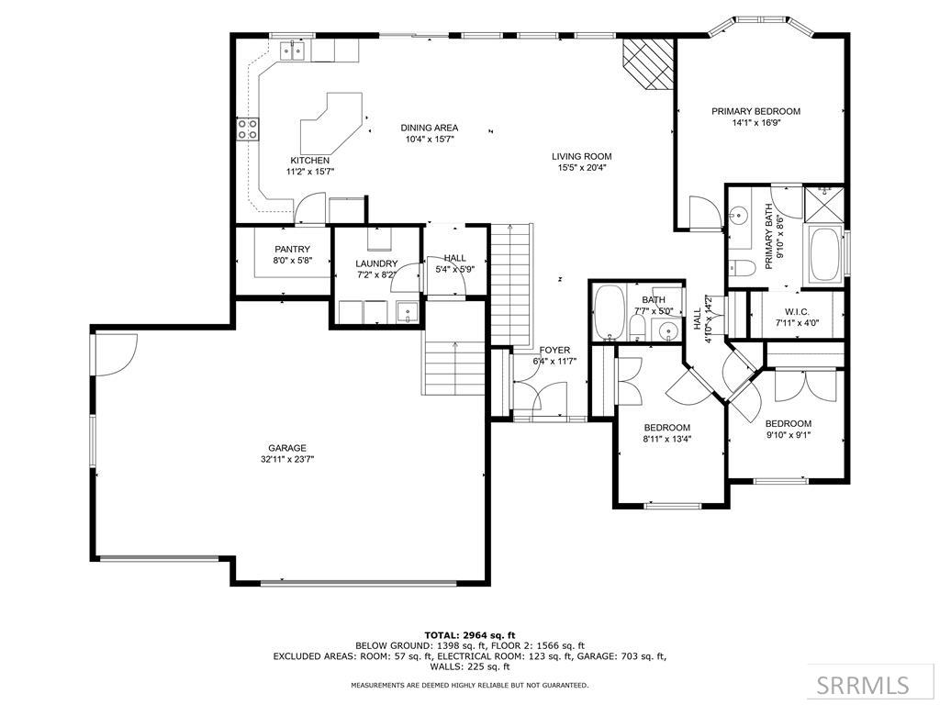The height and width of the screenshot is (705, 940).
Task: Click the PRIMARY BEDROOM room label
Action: pyautogui.click(x=755, y=111)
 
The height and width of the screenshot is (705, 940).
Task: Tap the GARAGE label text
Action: pyautogui.click(x=287, y=448)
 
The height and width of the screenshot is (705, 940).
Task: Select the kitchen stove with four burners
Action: pyautogui.click(x=248, y=129)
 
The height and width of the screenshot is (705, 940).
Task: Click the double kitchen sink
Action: pyautogui.click(x=293, y=51)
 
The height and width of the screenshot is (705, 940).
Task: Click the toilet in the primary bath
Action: pyautogui.click(x=738, y=266)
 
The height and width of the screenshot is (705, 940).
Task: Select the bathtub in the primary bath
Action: pyautogui.click(x=825, y=254)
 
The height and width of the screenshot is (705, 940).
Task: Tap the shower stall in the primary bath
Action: pyautogui.click(x=823, y=204)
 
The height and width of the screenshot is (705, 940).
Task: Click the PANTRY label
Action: pyautogui.click(x=293, y=250)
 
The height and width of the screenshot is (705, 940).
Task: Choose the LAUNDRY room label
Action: pyautogui.click(x=376, y=263)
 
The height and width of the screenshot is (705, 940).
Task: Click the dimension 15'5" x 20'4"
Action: pyautogui.click(x=581, y=168)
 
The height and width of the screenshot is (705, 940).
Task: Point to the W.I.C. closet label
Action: pyautogui.click(x=797, y=312)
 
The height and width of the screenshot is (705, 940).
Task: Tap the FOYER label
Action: pyautogui.click(x=554, y=350)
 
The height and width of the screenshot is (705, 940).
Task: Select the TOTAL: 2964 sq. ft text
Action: pyautogui.click(x=470, y=635)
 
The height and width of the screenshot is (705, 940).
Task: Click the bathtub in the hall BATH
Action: pyautogui.click(x=609, y=312)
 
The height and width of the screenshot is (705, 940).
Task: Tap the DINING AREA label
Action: pyautogui.click(x=430, y=128)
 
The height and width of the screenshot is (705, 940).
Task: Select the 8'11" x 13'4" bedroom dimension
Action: pyautogui.click(x=666, y=438)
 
